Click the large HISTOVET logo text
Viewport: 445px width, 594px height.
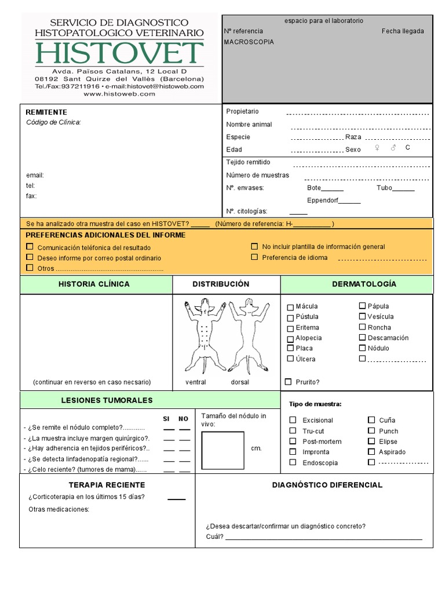[x=119, y=53]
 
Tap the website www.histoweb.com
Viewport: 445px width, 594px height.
[x=119, y=94]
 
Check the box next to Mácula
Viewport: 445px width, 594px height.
[x=291, y=307]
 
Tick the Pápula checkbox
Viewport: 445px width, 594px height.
[x=362, y=306]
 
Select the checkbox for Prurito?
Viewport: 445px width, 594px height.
[x=288, y=382]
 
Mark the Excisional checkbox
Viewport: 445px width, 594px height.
[x=293, y=420]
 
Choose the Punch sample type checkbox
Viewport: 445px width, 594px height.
[x=371, y=431]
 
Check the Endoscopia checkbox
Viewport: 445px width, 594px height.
[x=293, y=462]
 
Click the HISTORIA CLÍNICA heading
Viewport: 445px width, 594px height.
[x=94, y=284]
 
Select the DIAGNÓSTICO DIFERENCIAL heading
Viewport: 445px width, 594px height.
[x=327, y=485]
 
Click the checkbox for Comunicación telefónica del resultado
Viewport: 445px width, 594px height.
[x=30, y=247]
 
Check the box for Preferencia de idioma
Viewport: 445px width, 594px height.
[x=254, y=257]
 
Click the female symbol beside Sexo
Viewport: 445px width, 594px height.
[x=377, y=148]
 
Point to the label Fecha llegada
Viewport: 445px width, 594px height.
[x=402, y=31]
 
